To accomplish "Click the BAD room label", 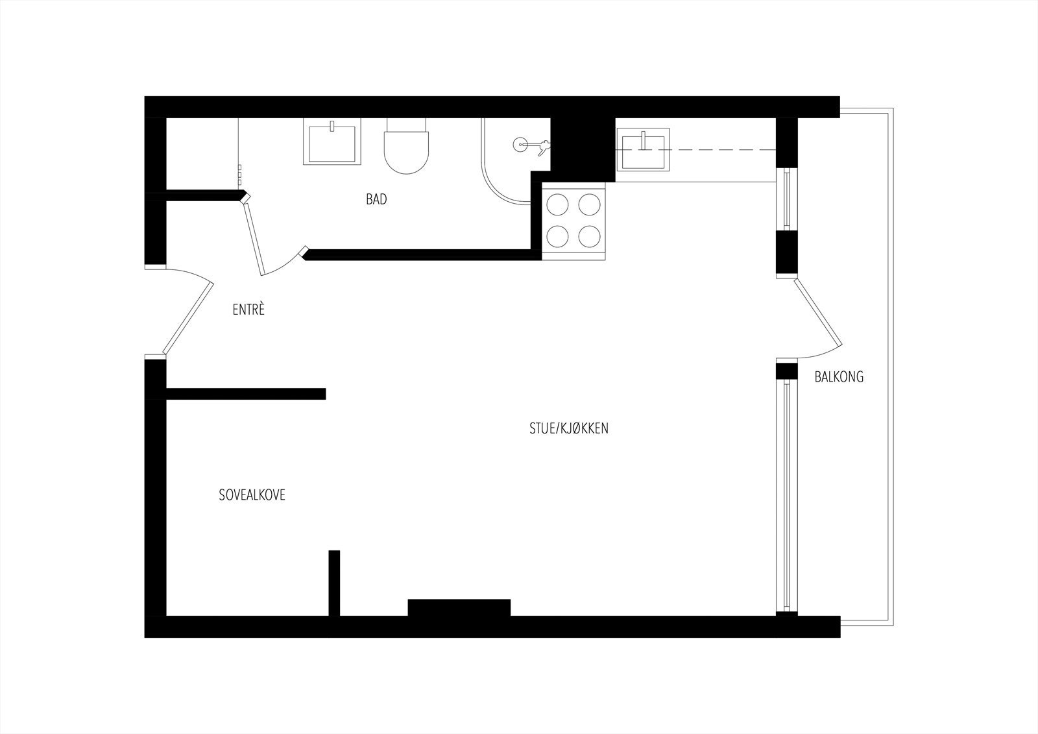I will pyautogui.click(x=376, y=199).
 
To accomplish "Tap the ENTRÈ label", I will pyautogui.click(x=249, y=310).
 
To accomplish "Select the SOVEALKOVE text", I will pyautogui.click(x=252, y=495).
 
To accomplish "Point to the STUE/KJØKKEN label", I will pyautogui.click(x=569, y=428).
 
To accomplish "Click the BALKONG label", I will pyautogui.click(x=839, y=376).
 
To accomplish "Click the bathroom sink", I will pyautogui.click(x=332, y=144).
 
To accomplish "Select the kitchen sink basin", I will pyautogui.click(x=643, y=151).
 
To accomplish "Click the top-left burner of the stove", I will pyautogui.click(x=557, y=205).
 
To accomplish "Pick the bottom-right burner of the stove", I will pyautogui.click(x=589, y=236).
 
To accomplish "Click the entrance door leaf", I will pyautogui.click(x=188, y=317).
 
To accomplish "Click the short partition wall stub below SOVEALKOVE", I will pyautogui.click(x=334, y=582).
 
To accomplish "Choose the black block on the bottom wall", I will pyautogui.click(x=459, y=607).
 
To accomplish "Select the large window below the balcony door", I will pyautogui.click(x=786, y=496).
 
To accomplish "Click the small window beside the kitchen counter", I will pyautogui.click(x=786, y=199).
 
